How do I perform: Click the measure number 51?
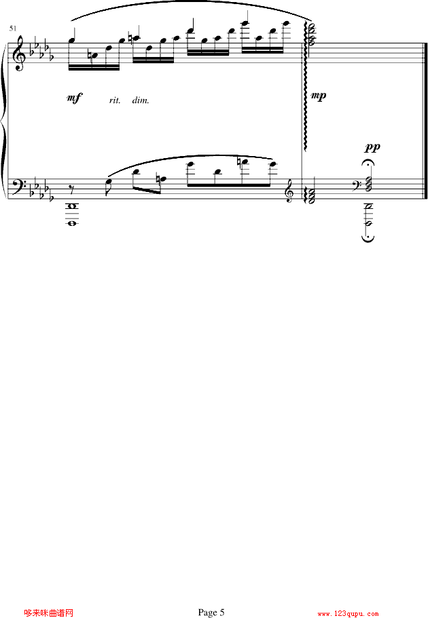[x=13, y=28]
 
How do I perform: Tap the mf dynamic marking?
[x=74, y=98]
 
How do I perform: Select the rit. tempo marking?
[x=115, y=100]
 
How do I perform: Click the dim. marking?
[x=141, y=100]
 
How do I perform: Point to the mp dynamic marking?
[x=319, y=96]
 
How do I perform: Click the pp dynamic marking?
[x=372, y=147]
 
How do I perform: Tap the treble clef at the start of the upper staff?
[x=19, y=53]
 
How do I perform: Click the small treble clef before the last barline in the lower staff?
[x=290, y=193]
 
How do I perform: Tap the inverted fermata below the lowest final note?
[x=368, y=238]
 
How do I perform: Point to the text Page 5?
[x=211, y=612]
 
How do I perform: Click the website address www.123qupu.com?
[x=348, y=614]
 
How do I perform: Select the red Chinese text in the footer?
[x=49, y=613]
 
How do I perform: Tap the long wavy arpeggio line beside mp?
[x=305, y=86]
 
